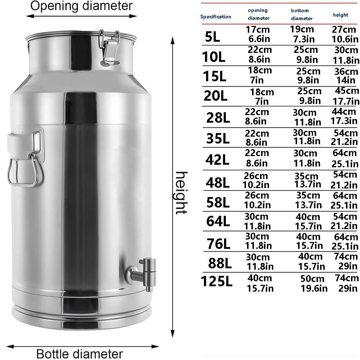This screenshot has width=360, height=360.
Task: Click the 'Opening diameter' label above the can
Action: [x=81, y=6]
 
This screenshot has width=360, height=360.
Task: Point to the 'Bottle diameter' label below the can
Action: [x=79, y=354]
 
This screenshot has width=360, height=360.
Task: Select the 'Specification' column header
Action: [x=216, y=17]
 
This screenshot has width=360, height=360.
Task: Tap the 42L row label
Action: [x=218, y=158]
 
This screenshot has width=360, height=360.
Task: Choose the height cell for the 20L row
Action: [x=346, y=96]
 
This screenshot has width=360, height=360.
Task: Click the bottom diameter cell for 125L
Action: [x=314, y=283]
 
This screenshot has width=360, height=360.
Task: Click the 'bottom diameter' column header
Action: [x=301, y=14]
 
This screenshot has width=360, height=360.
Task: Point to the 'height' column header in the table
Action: [x=340, y=15]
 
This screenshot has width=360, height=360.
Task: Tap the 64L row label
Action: [x=218, y=221]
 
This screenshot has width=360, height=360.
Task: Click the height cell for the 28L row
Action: [x=345, y=116]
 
